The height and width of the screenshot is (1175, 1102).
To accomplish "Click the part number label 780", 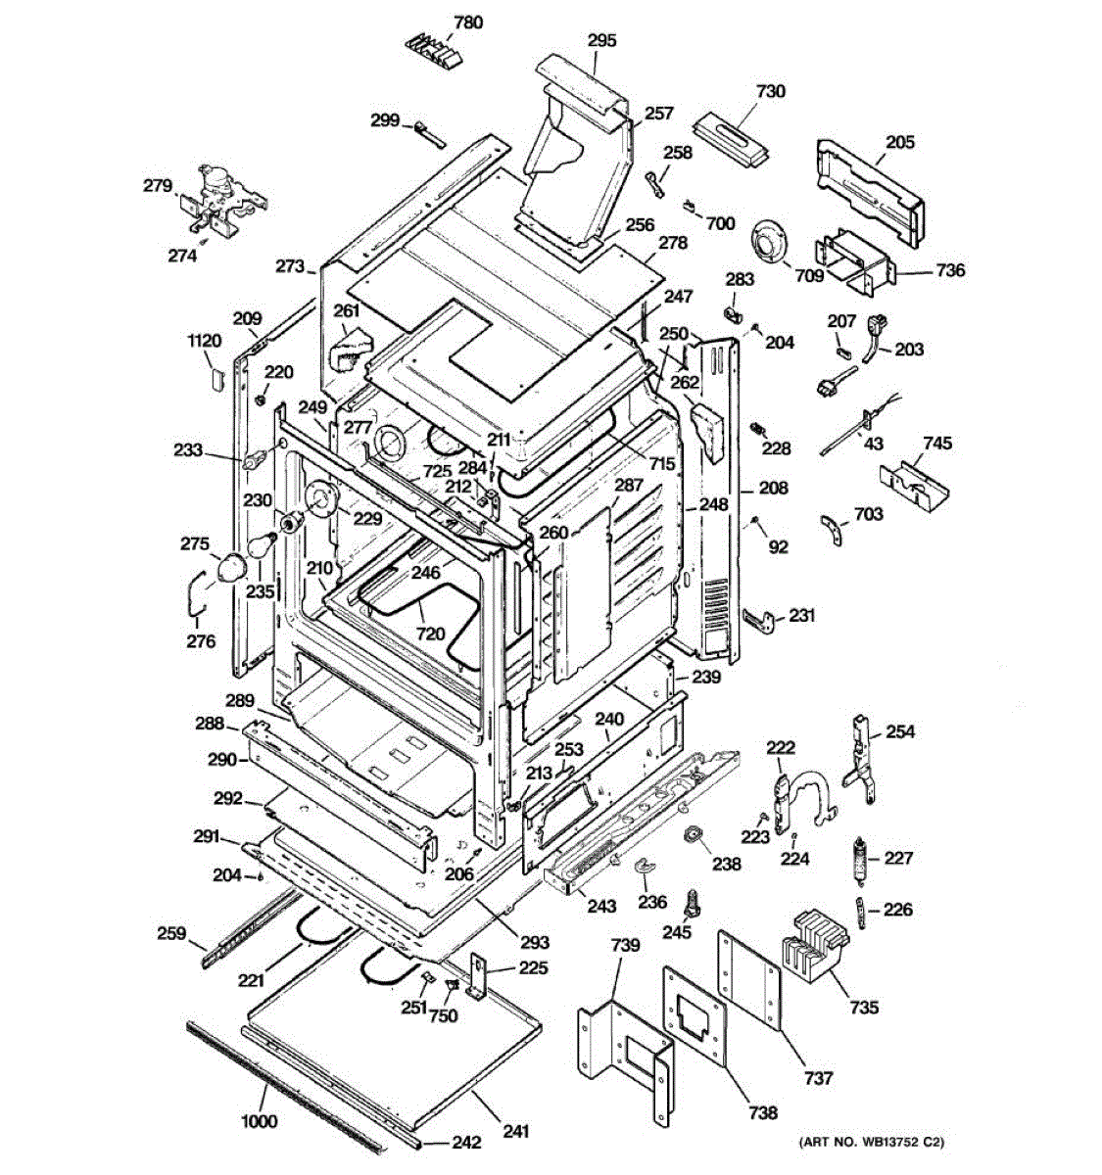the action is tap(468, 23).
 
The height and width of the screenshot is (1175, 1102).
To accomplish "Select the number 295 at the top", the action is tap(601, 40).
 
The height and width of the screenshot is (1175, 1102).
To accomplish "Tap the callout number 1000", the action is tap(260, 1120).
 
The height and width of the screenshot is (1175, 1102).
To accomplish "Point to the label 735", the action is tap(864, 1007).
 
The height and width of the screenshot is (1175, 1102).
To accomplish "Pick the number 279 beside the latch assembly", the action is tap(158, 186).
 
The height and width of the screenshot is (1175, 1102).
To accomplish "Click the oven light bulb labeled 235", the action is tap(262, 543).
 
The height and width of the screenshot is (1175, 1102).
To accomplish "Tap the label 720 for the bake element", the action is tap(430, 634).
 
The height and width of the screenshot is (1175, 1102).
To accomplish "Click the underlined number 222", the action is tap(781, 747).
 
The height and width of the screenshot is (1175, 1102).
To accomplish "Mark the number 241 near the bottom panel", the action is tap(515, 1131).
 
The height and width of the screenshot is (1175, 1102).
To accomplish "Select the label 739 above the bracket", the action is tap(625, 946).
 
